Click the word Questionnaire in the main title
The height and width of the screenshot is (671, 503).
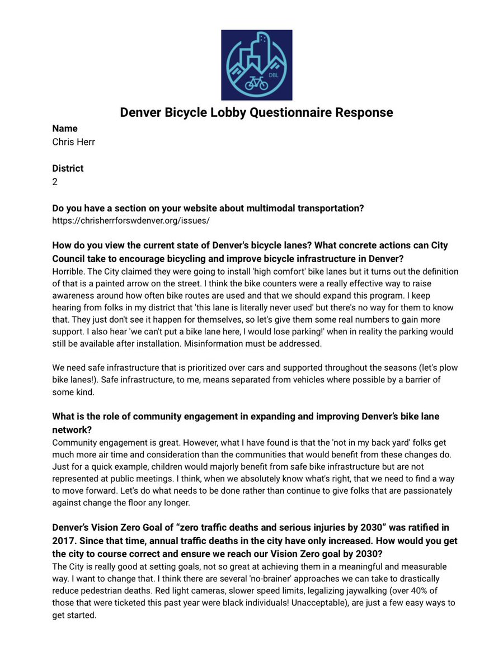(278, 112)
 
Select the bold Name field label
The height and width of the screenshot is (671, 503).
(65, 129)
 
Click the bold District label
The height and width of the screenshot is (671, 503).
(68, 168)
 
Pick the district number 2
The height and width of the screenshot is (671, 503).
(55, 182)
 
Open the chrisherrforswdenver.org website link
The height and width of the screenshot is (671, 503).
(130, 221)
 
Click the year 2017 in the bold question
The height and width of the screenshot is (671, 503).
(64, 540)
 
